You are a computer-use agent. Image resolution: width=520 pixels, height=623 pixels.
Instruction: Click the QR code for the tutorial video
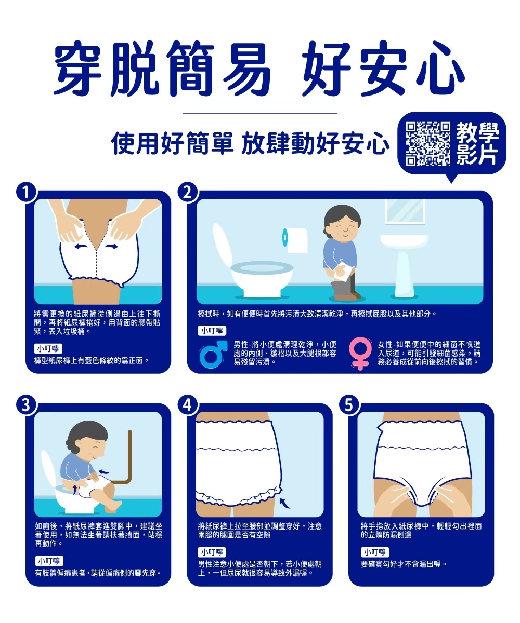[x=427, y=144]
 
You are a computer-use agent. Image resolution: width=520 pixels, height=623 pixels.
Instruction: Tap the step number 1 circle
[x=27, y=193]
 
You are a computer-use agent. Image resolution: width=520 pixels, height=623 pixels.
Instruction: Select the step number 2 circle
[x=188, y=193]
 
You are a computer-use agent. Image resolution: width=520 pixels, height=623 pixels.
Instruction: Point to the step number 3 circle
[x=27, y=405]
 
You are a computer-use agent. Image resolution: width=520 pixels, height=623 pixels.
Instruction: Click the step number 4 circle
[x=188, y=405]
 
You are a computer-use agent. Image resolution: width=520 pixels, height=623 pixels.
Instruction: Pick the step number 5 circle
[x=349, y=405]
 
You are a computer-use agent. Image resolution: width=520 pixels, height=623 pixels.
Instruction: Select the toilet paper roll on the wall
[x=295, y=240]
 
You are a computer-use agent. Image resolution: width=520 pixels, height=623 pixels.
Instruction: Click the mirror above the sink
[x=405, y=211]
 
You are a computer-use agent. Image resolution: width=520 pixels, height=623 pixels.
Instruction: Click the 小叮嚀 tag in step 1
[x=48, y=348]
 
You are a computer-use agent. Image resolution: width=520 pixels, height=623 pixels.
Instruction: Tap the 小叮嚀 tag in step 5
[x=375, y=552]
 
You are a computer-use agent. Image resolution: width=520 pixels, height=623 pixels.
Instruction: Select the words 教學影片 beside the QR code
[x=477, y=144]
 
